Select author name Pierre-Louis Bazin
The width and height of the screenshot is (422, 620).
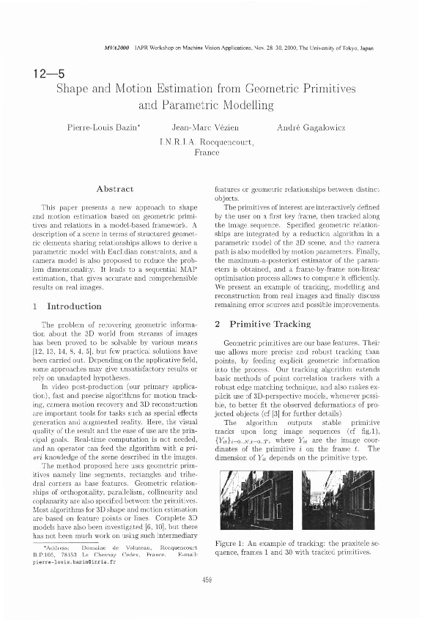(x=103, y=129)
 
